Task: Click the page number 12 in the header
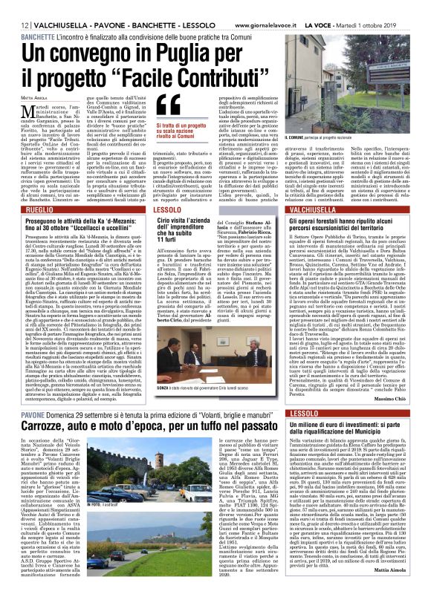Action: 15,7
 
